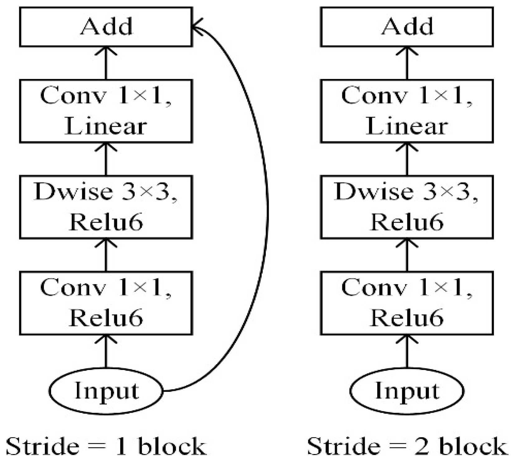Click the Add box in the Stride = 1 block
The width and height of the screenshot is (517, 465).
(x=106, y=27)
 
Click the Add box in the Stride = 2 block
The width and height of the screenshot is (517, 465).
(x=407, y=27)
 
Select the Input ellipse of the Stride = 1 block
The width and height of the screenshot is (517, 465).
(x=106, y=391)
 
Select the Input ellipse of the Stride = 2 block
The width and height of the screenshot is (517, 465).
(x=407, y=391)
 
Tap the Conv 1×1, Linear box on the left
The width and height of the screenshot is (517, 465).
(x=106, y=111)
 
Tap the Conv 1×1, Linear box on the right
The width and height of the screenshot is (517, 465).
(x=407, y=111)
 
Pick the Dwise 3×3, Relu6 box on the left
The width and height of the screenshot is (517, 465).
(x=106, y=207)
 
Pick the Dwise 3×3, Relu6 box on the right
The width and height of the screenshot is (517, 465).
(x=407, y=207)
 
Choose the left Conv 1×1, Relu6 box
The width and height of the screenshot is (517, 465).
(x=106, y=303)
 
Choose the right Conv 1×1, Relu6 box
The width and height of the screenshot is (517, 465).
(x=407, y=303)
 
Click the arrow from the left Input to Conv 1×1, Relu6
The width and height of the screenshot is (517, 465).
(x=106, y=352)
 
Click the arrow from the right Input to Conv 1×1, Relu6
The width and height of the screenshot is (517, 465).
(x=407, y=352)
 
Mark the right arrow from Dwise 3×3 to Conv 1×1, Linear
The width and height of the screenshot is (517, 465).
(x=407, y=159)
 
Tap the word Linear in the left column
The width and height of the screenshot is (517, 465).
(x=106, y=126)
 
